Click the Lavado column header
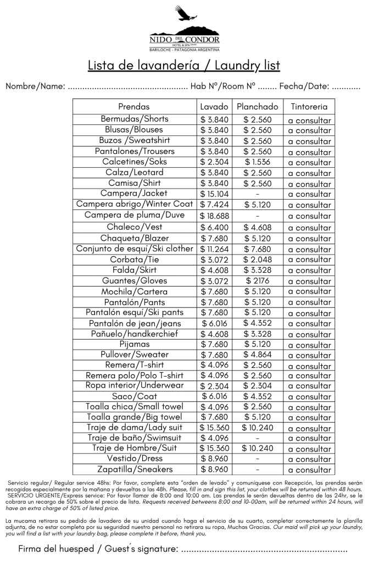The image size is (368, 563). point(214,107)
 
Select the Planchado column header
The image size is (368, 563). point(257,107)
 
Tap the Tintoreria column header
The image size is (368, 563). point(309,107)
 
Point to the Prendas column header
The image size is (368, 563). point(134,107)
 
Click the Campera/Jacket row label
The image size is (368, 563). point(134,194)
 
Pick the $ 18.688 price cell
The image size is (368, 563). point(214,216)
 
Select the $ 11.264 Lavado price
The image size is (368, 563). point(214,249)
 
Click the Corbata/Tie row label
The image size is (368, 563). point(134,259)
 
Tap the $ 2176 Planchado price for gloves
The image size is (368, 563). point(257,281)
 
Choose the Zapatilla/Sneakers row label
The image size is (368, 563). point(134,470)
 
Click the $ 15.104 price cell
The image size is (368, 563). point(214,194)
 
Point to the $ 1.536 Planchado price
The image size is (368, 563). point(257,162)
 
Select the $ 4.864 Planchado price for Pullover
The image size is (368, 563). point(257,355)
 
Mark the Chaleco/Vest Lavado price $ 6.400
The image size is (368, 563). point(214,227)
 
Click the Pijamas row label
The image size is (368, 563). point(134,344)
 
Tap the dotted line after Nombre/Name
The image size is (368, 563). point(128,87)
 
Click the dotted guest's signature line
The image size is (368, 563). point(264,549)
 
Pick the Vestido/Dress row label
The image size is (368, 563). point(134,459)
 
